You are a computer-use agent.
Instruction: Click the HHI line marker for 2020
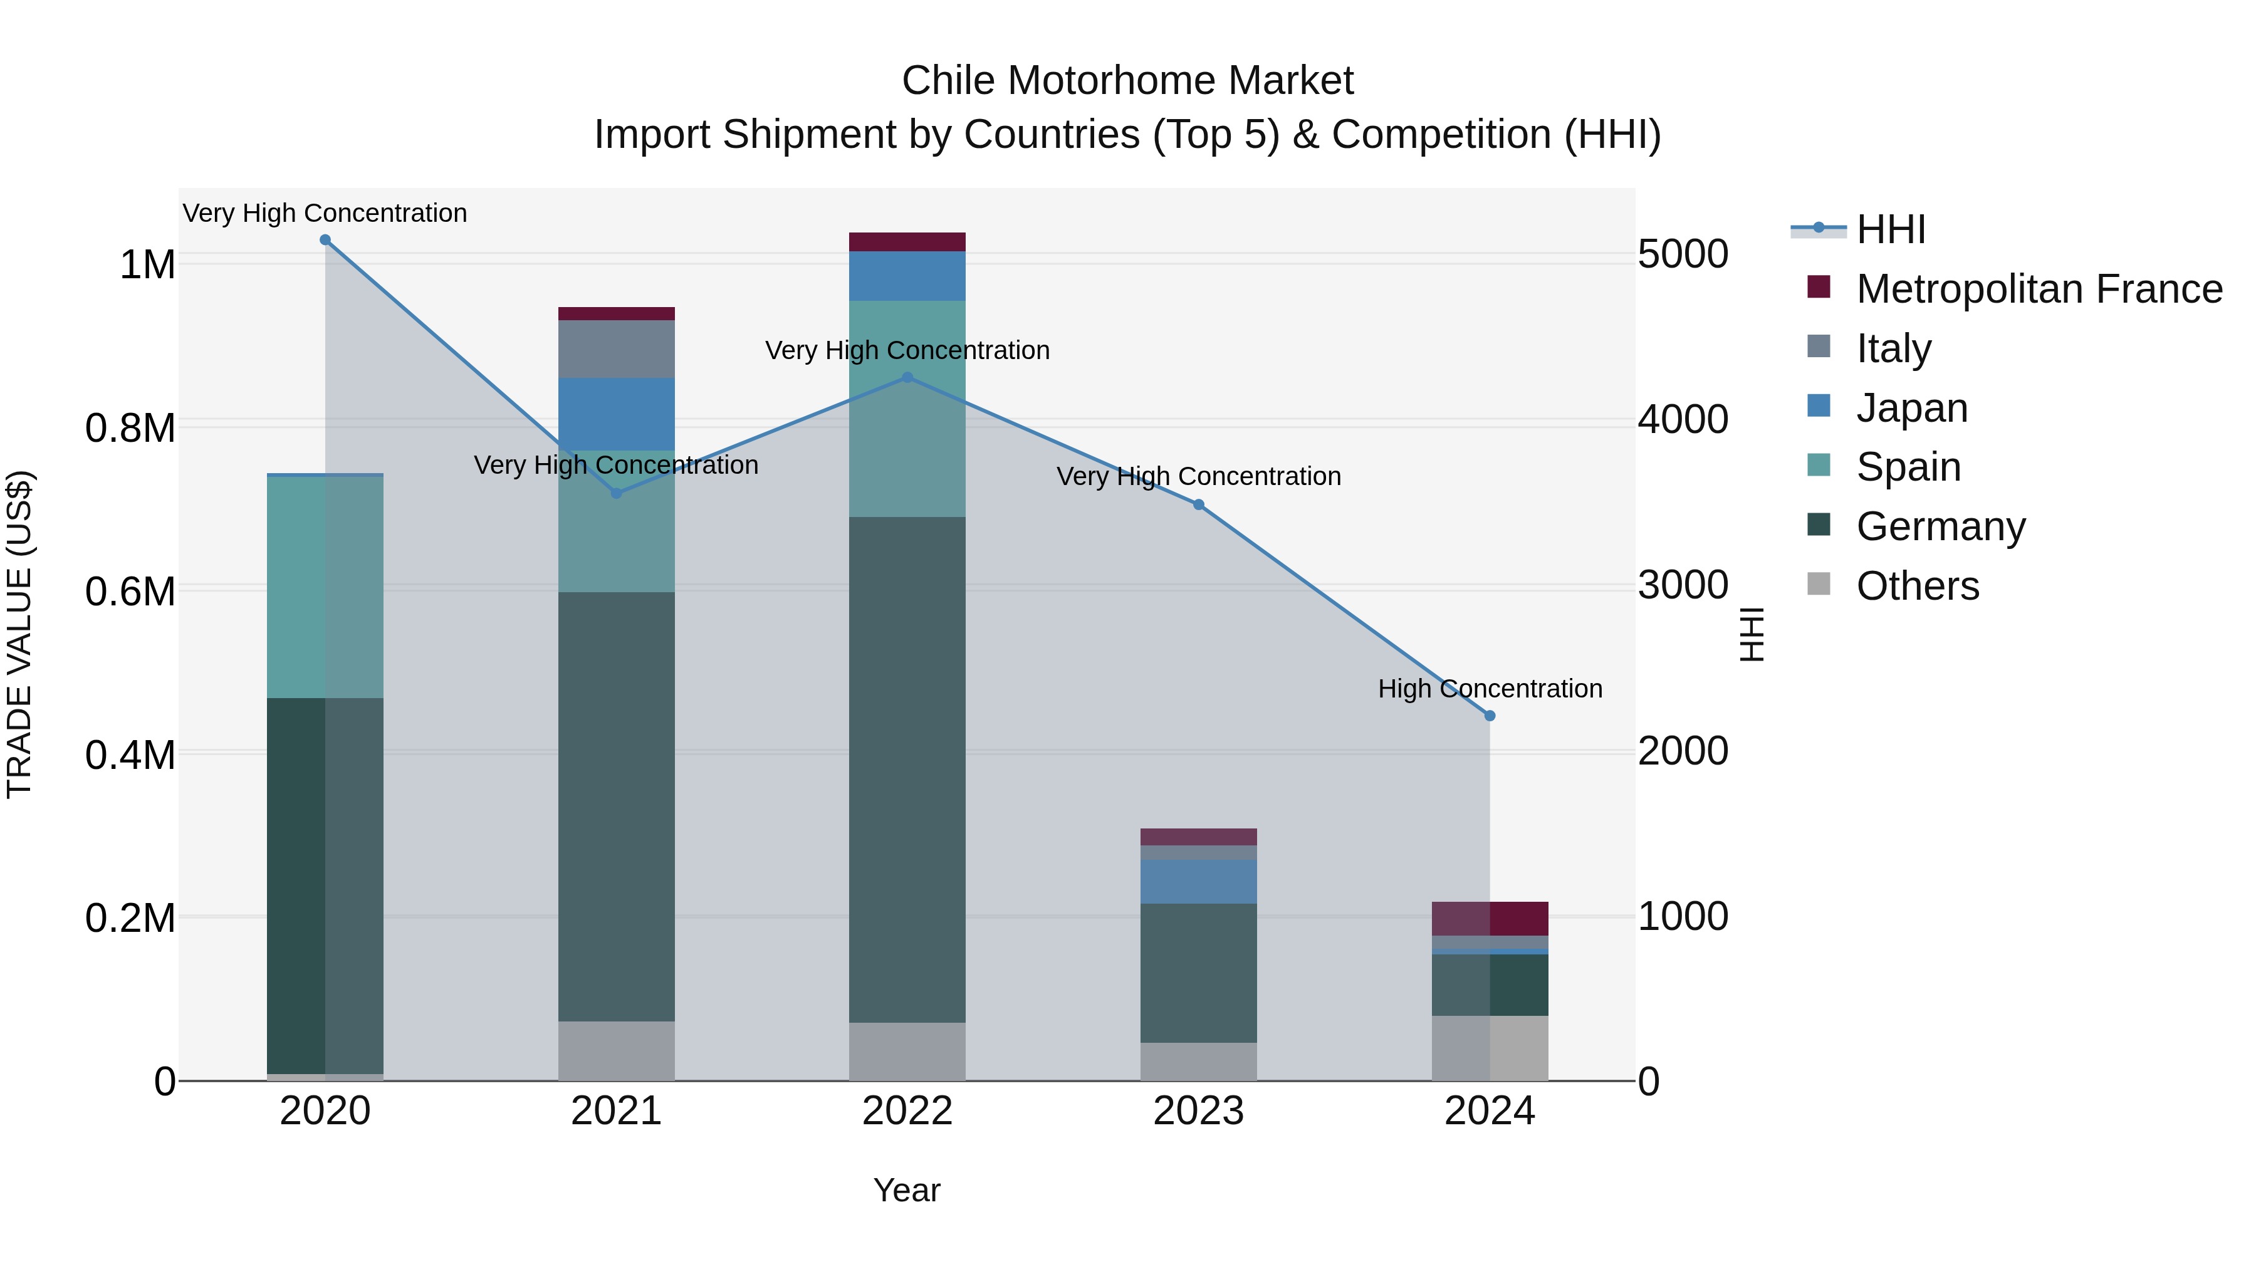point(325,240)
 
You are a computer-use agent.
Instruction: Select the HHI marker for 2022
point(907,377)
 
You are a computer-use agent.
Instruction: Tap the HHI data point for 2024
point(1490,716)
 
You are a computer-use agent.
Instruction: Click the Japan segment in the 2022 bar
point(907,276)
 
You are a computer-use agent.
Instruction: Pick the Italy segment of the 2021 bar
point(617,348)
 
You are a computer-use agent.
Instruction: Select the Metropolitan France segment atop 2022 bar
point(907,242)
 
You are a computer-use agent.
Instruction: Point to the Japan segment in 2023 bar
point(1198,881)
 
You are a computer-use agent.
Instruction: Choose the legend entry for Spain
point(1908,467)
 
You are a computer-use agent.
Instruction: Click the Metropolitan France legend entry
point(2038,289)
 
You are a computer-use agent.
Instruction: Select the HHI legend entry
point(1890,229)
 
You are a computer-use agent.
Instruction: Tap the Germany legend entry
point(1940,526)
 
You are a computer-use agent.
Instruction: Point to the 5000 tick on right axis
point(1683,255)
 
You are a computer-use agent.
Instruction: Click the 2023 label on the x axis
point(1198,1111)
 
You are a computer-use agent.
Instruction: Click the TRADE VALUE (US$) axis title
point(19,634)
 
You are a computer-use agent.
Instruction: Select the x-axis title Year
point(906,1190)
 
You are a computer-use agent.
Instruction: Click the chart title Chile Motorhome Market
point(1127,81)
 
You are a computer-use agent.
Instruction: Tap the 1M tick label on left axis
point(147,264)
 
